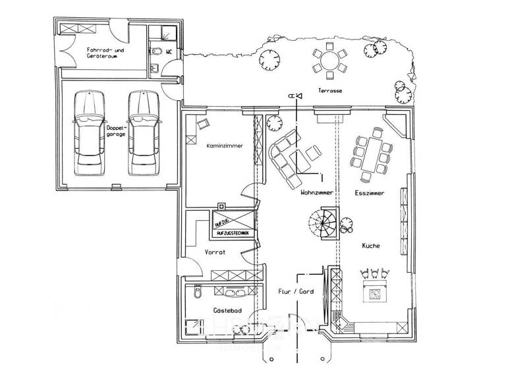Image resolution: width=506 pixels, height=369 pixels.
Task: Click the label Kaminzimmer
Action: tap(221, 146)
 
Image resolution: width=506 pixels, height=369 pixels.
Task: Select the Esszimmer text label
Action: tap(370, 193)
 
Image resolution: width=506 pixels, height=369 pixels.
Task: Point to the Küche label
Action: tap(371, 246)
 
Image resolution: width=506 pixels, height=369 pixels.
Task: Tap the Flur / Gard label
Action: tap(296, 291)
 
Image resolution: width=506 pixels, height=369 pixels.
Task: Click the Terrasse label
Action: tap(329, 90)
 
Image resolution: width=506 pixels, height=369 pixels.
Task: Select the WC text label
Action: tap(169, 51)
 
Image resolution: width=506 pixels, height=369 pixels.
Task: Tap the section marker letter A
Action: tap(291, 96)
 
